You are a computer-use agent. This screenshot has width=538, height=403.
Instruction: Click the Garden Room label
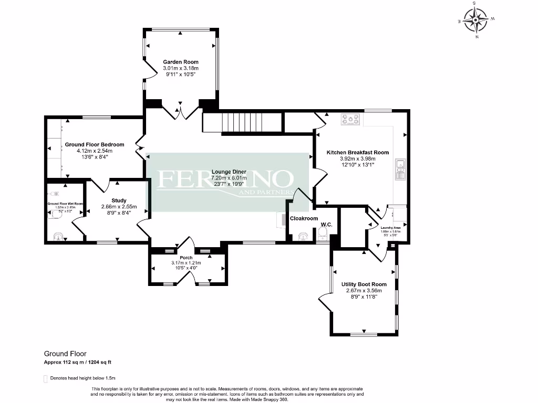click(180, 62)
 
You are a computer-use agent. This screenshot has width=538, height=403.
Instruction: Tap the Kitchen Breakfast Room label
click(357, 152)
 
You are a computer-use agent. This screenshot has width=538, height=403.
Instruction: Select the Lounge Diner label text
click(229, 172)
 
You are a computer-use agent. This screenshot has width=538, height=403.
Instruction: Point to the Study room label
click(119, 200)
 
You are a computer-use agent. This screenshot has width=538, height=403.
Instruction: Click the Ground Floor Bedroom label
click(94, 144)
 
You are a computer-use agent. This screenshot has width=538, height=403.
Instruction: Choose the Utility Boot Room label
click(364, 284)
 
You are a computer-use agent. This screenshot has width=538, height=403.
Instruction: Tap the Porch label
click(186, 258)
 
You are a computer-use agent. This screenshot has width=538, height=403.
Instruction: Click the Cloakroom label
click(304, 218)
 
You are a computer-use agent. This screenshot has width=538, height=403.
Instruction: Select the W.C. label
click(327, 225)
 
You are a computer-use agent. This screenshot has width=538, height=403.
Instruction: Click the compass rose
click(476, 20)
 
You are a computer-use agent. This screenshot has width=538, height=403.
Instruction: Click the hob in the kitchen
click(350, 120)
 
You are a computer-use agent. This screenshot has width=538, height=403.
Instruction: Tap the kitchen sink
click(400, 166)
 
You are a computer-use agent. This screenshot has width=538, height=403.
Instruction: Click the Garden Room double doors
click(180, 112)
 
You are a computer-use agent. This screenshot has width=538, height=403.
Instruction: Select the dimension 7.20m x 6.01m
click(229, 178)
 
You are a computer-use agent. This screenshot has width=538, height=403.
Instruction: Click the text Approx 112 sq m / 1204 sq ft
click(77, 362)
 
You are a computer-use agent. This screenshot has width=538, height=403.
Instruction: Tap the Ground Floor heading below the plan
click(65, 354)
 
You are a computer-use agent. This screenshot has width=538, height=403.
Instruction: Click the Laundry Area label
click(390, 228)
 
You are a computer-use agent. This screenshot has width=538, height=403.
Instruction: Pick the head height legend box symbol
click(45, 378)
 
